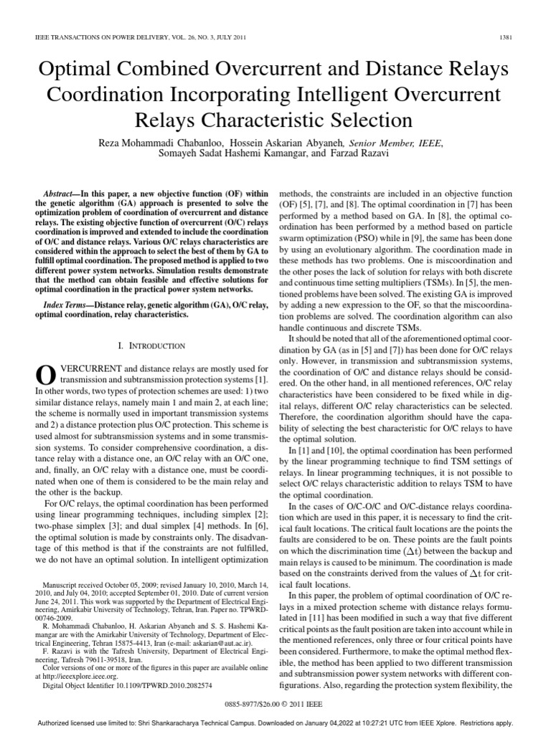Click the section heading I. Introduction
(x=153, y=346)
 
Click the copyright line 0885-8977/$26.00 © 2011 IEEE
(x=275, y=705)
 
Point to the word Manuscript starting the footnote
(x=62, y=586)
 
